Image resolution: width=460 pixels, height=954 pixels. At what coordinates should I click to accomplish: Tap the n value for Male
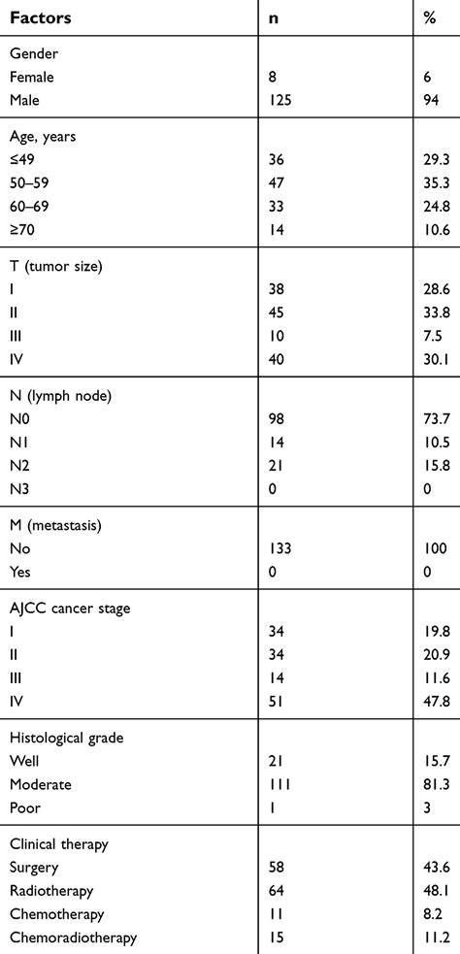click(281, 98)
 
